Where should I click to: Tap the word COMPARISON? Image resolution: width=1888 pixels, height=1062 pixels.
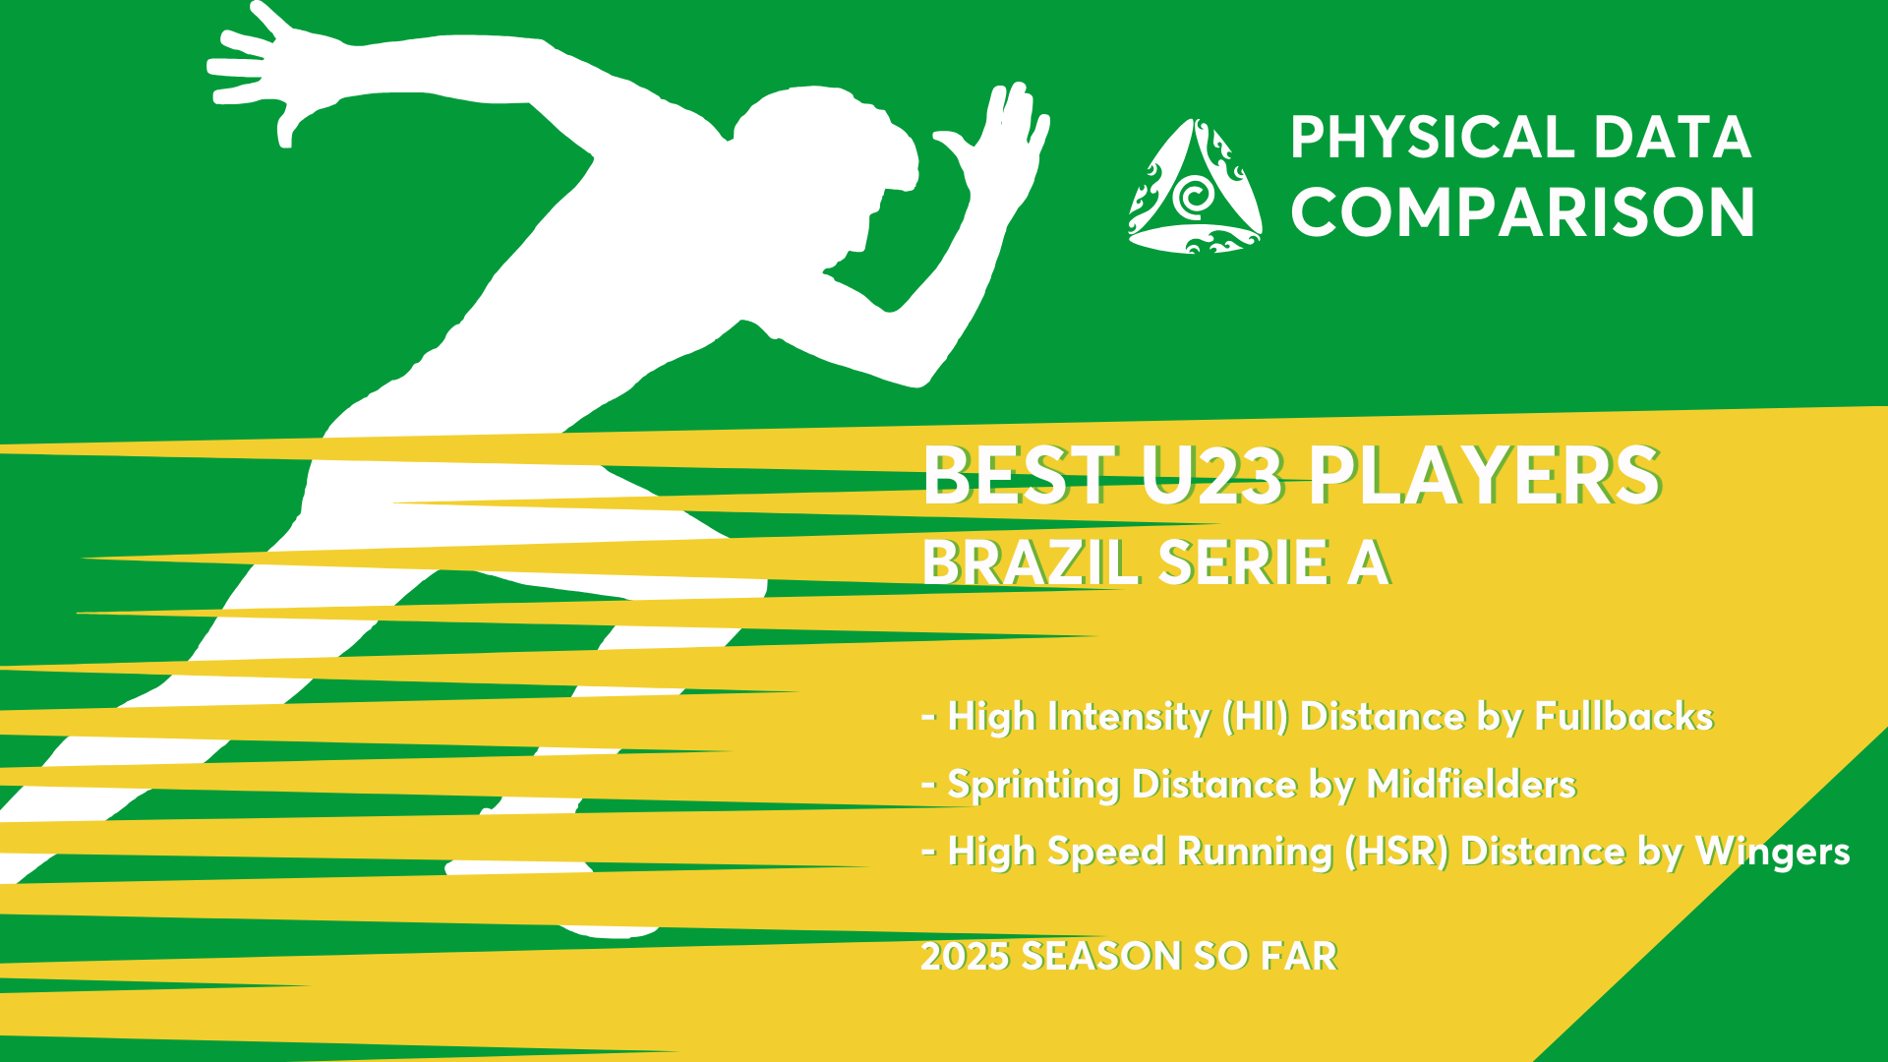coord(1522,212)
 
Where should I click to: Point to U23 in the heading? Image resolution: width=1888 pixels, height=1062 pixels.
coord(1212,476)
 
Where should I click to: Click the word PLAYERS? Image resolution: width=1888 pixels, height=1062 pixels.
coord(1484,476)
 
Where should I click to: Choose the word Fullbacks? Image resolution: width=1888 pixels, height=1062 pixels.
coord(1623,716)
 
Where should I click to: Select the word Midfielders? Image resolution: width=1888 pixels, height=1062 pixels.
coord(1471,784)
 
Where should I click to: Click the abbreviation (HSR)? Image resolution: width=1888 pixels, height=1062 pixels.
coord(1396,852)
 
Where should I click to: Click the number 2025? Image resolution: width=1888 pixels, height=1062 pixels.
coord(966,956)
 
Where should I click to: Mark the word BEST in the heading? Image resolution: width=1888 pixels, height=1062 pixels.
coord(1019,476)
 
